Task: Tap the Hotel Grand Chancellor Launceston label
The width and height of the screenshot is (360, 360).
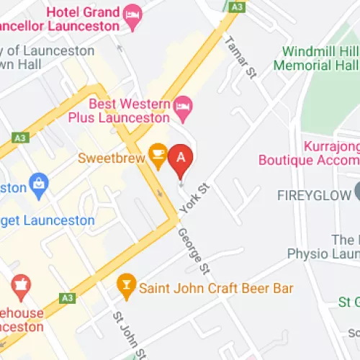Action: pyautogui.click(x=82, y=20)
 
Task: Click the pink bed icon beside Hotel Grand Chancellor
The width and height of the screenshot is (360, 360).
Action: pyautogui.click(x=132, y=14)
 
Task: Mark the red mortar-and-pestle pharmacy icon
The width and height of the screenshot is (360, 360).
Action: pyautogui.click(x=20, y=285)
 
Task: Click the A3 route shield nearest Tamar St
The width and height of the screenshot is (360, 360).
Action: pyautogui.click(x=236, y=6)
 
